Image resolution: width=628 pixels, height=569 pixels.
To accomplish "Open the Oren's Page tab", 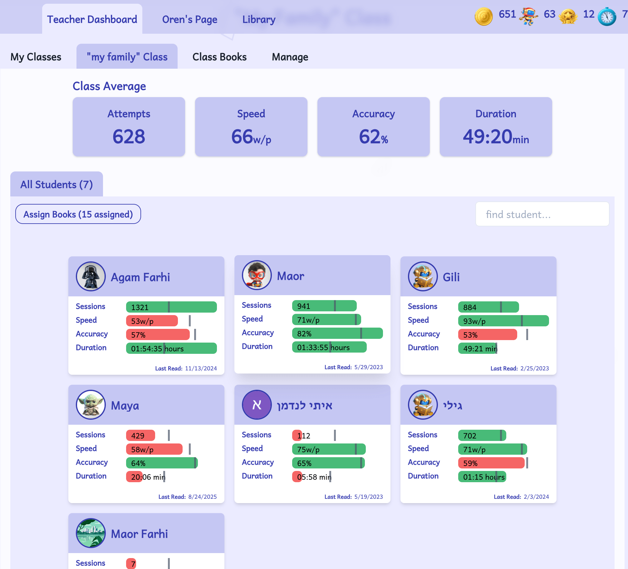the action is coord(190,19).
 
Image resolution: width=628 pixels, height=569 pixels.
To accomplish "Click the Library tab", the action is coord(259,19).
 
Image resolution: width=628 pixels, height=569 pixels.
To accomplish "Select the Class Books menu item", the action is coord(219,57).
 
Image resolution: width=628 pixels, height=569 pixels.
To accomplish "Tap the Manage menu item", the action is coord(290,57).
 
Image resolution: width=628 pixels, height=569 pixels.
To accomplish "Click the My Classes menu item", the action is coord(36,57).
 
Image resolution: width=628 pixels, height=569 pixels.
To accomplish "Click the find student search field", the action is coord(542,214).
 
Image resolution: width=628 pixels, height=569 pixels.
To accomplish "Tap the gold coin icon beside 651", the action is coord(483,16).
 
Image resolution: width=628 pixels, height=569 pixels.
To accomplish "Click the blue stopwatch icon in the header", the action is coord(607,16).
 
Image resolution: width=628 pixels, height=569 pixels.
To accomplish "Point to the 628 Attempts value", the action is coord(129,136).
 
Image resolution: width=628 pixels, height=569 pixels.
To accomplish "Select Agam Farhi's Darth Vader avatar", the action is coord(91,276).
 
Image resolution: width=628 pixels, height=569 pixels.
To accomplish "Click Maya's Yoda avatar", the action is coord(91,405).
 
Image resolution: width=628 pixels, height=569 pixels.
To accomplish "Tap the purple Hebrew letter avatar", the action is coord(257,405).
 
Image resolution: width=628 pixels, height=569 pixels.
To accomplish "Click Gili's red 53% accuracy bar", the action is coord(488,334).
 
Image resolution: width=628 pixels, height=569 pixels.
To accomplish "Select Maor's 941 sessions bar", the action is coord(324,306).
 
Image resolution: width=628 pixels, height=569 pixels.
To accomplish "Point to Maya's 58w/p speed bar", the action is coord(154,449).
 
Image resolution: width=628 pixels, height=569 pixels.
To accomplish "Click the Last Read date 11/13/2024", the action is coord(201,369).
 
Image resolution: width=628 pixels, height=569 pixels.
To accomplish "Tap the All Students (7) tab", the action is coord(56,184).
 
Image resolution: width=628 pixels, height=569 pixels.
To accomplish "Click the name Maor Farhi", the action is coord(140,534).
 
